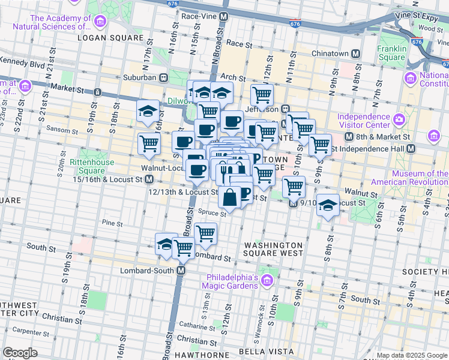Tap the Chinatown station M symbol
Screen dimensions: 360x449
pyautogui.click(x=355, y=53)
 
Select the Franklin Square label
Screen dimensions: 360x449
pyautogui.click(x=392, y=53)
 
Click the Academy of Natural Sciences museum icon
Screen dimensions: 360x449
pyautogui.click(x=100, y=22)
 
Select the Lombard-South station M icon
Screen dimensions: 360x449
pyautogui.click(x=181, y=271)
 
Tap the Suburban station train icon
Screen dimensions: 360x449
pyautogui.click(x=163, y=77)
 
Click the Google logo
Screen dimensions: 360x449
pyautogui.click(x=20, y=353)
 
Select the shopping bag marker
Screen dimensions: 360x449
pyautogui.click(x=230, y=196)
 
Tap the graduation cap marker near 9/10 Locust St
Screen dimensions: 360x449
pyautogui.click(x=327, y=206)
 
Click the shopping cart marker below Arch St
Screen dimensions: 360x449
pyautogui.click(x=261, y=94)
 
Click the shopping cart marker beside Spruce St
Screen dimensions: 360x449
pyautogui.click(x=205, y=233)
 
